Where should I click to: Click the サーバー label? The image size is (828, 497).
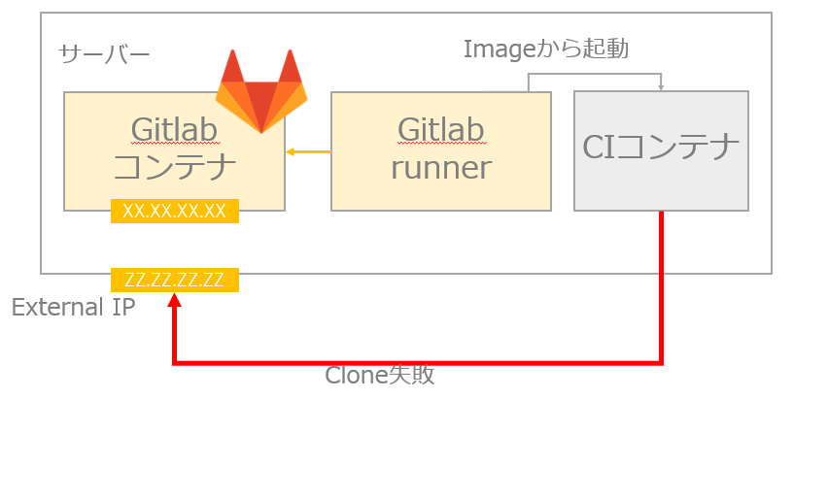coord(104,53)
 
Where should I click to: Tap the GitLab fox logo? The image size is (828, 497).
coord(260,94)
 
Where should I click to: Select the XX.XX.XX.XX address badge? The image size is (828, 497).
coord(175,211)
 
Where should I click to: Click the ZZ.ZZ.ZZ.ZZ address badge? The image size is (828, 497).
coord(175,281)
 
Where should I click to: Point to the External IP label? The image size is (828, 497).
coord(73,308)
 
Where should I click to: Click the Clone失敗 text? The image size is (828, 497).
coord(379,376)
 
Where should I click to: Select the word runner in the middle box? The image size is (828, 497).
coord(440,167)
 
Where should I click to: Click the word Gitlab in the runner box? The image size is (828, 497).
coord(440,129)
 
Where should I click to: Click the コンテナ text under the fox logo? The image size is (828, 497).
coord(175,167)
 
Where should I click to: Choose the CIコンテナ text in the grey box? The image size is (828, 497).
coord(661,148)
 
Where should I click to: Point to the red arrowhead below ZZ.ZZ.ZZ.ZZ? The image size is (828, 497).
coord(174,301)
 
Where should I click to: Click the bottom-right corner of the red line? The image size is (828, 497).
coord(661,363)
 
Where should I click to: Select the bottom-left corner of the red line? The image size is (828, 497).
coord(175,363)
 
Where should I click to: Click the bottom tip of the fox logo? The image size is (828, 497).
coord(261,131)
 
